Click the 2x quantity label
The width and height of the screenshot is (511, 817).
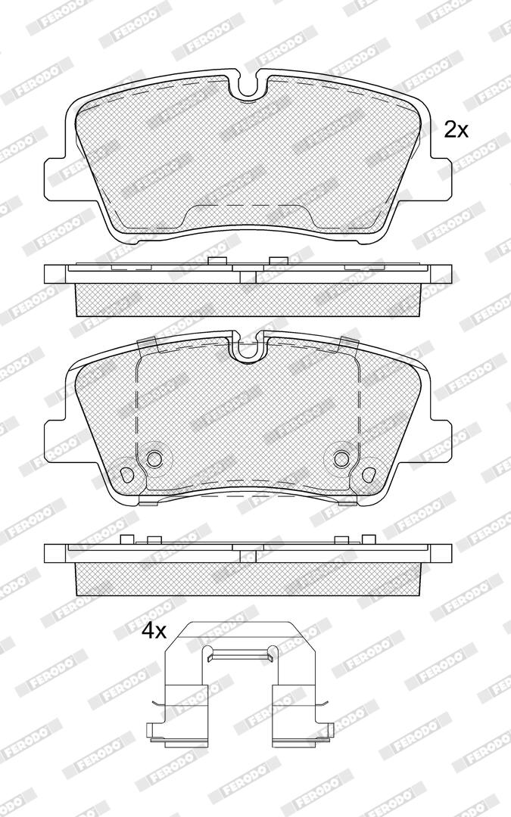[x=456, y=129]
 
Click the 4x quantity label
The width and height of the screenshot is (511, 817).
[x=154, y=632]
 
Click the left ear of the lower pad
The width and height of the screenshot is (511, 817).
[x=55, y=440]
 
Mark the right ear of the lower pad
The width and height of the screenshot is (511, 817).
[x=443, y=440]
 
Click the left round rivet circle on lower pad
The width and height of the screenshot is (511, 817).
[x=154, y=458]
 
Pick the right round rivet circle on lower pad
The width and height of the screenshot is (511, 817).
[x=341, y=458]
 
